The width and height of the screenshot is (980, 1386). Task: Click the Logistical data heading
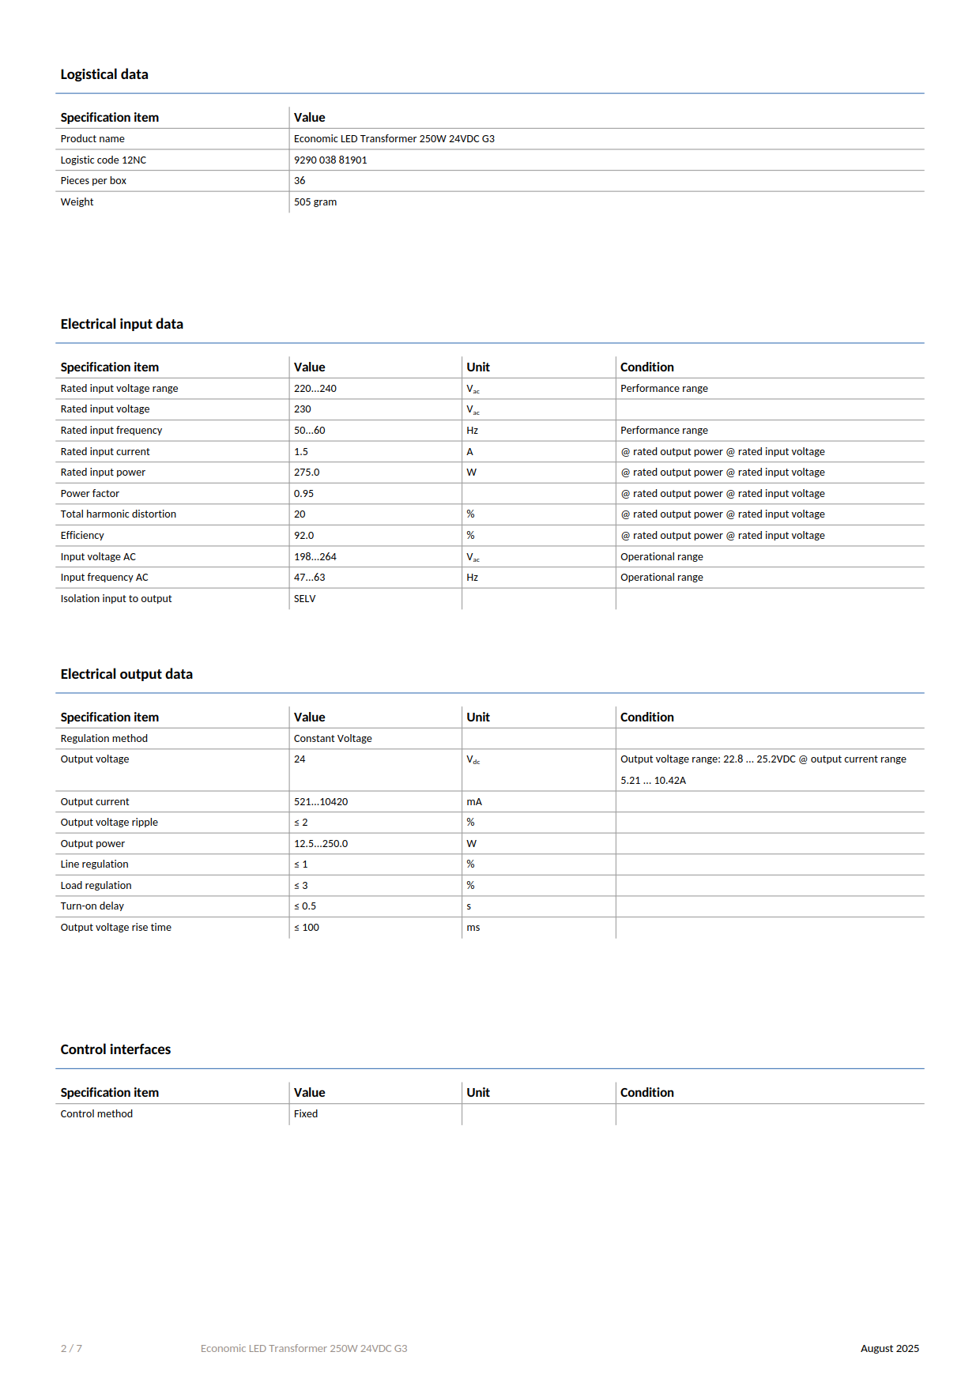[104, 74]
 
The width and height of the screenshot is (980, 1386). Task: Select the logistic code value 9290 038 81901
[330, 160]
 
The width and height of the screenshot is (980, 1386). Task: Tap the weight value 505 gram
[315, 201]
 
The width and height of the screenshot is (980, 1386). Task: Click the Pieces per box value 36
[300, 180]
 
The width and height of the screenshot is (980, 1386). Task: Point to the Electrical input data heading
[122, 324]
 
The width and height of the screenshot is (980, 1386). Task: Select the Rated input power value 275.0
[307, 472]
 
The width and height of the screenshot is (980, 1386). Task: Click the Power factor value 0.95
[303, 493]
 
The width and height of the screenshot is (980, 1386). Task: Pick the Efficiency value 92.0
[303, 535]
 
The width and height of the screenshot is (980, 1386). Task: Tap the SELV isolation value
[304, 598]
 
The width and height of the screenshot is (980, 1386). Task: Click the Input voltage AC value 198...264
[315, 556]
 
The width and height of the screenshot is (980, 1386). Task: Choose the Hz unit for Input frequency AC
[472, 577]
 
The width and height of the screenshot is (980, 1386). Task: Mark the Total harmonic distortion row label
[119, 514]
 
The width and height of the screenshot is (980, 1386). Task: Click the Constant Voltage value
[333, 738]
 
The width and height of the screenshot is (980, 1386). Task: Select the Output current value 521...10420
[321, 801]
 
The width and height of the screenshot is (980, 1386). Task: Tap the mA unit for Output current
[474, 801]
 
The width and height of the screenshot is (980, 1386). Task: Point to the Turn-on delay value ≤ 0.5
[305, 906]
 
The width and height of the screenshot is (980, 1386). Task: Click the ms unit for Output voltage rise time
[473, 927]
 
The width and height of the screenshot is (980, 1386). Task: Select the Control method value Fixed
[306, 1113]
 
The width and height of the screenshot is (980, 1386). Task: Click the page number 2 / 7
[71, 1348]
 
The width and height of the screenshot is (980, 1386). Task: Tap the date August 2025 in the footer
[889, 1348]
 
